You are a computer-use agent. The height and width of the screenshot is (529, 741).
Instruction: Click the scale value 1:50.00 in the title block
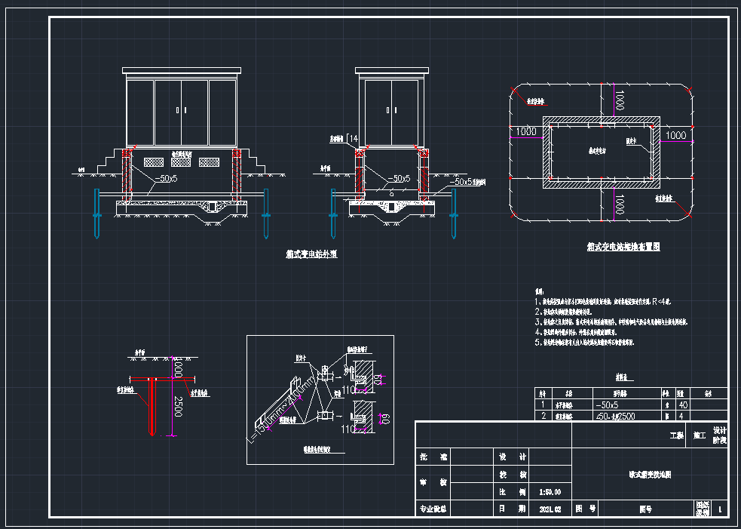click(x=550, y=491)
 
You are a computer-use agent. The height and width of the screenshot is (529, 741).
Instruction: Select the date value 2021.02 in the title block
click(x=550, y=509)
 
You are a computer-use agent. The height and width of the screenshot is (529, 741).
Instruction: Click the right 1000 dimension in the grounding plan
click(x=676, y=135)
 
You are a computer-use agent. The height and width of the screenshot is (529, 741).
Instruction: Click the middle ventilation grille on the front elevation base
click(x=181, y=161)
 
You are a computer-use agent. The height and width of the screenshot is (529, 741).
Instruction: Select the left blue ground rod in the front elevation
click(x=96, y=214)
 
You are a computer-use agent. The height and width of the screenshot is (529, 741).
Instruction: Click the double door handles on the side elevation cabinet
click(x=391, y=111)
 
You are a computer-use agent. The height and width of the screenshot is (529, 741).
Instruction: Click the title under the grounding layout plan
click(x=623, y=247)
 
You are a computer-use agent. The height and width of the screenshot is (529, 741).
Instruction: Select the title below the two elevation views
click(x=311, y=254)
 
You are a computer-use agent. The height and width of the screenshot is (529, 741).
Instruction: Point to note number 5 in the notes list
click(x=538, y=342)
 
